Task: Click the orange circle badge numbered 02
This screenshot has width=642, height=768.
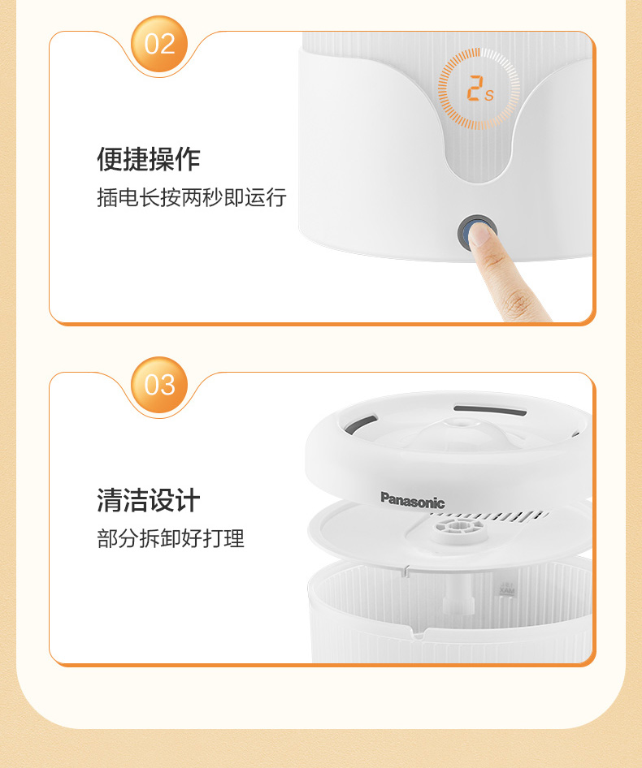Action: [159, 44]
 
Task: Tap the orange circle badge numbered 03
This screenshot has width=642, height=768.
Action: [159, 385]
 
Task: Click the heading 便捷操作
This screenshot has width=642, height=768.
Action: [149, 158]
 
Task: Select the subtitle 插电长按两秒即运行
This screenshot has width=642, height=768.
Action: [192, 197]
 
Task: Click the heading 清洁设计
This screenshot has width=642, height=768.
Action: [149, 500]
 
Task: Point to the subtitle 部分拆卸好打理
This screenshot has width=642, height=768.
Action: [171, 538]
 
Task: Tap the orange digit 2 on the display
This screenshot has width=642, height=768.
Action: [474, 88]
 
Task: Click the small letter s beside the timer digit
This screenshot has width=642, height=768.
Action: [489, 95]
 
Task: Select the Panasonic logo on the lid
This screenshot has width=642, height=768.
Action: [413, 501]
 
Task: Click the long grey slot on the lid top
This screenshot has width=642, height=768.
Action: [490, 410]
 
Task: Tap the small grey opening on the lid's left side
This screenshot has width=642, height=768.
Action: [361, 424]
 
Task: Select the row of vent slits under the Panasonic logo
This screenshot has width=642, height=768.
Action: [491, 516]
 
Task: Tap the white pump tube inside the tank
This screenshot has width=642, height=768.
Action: [458, 593]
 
